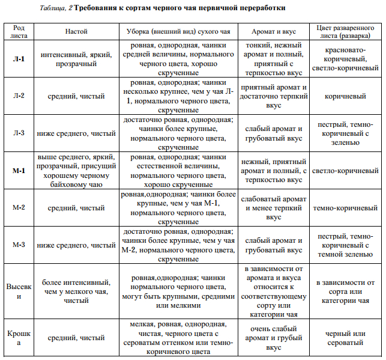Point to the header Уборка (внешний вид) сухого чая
[x=178, y=31]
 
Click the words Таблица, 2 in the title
[x=57, y=8]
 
